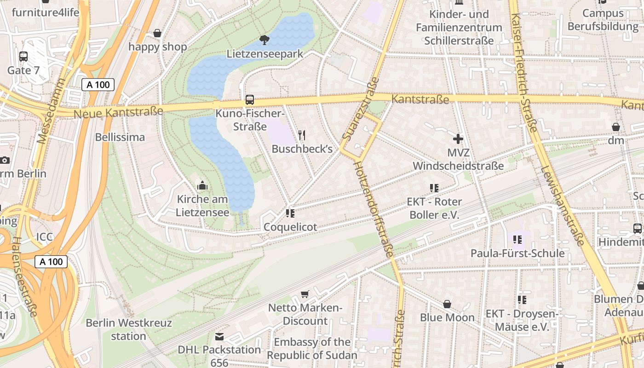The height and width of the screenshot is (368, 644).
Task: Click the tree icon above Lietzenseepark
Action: coord(264,40)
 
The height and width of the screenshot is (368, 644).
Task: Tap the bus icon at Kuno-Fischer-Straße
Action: coord(250,99)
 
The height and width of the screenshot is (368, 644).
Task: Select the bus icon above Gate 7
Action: coord(23,57)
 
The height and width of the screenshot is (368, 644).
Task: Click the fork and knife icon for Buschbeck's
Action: coord(302,135)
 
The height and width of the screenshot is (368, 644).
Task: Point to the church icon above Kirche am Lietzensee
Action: coord(202,186)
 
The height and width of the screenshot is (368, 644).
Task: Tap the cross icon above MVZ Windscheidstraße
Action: coord(458,138)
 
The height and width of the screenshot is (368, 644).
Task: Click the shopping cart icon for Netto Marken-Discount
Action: coord(305,294)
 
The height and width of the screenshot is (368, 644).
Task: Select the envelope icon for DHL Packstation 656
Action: coord(219,337)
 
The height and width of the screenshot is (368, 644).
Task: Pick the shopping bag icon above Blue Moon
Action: coord(447,304)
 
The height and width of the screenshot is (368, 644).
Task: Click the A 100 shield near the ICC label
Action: coord(51,262)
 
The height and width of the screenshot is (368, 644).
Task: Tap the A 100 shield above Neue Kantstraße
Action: coord(98,84)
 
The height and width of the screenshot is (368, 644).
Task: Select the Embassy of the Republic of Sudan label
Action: coord(312,349)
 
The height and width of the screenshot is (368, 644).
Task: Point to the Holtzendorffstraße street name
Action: coord(374,209)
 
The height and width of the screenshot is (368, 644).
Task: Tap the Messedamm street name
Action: coord(51,111)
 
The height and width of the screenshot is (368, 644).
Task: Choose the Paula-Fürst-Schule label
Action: coord(517,253)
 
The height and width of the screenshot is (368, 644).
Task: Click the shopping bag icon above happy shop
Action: coord(157,33)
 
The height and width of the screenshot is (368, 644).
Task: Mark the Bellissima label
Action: coord(120,137)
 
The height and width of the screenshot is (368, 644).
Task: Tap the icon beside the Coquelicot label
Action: coord(290,213)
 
